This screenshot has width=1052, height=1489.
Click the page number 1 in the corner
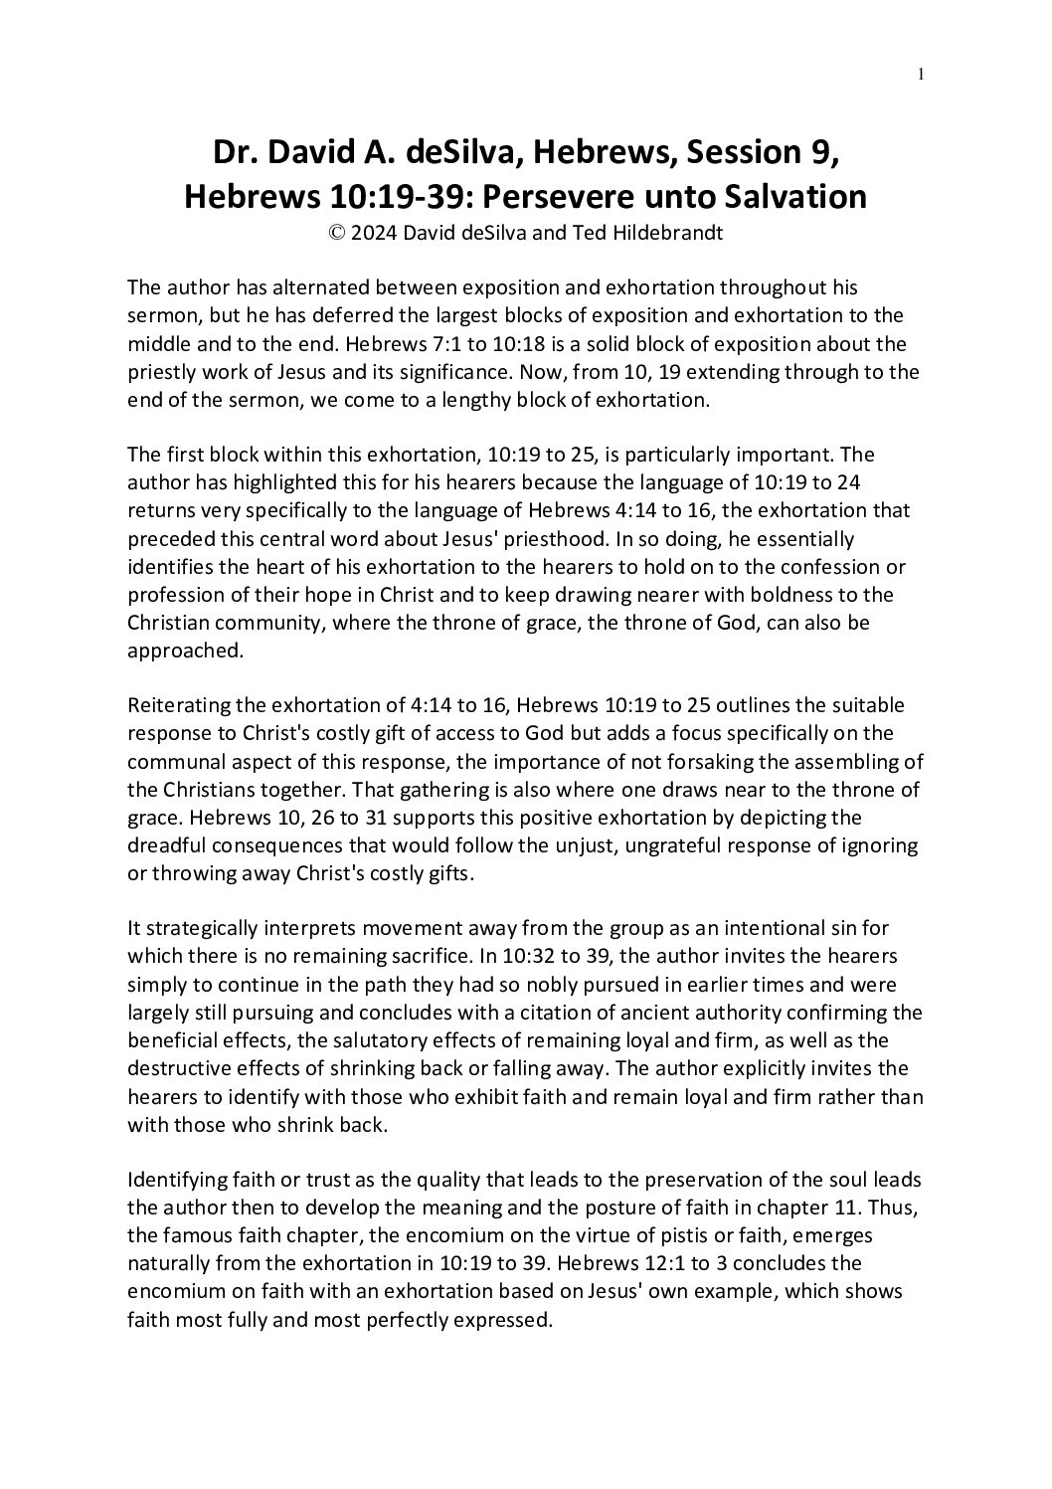(x=923, y=73)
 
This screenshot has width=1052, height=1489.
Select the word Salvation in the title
(x=786, y=197)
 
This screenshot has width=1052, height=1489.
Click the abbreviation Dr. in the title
(x=235, y=153)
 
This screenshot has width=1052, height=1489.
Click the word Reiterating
(x=178, y=705)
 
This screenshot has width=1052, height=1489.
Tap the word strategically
(x=202, y=928)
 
